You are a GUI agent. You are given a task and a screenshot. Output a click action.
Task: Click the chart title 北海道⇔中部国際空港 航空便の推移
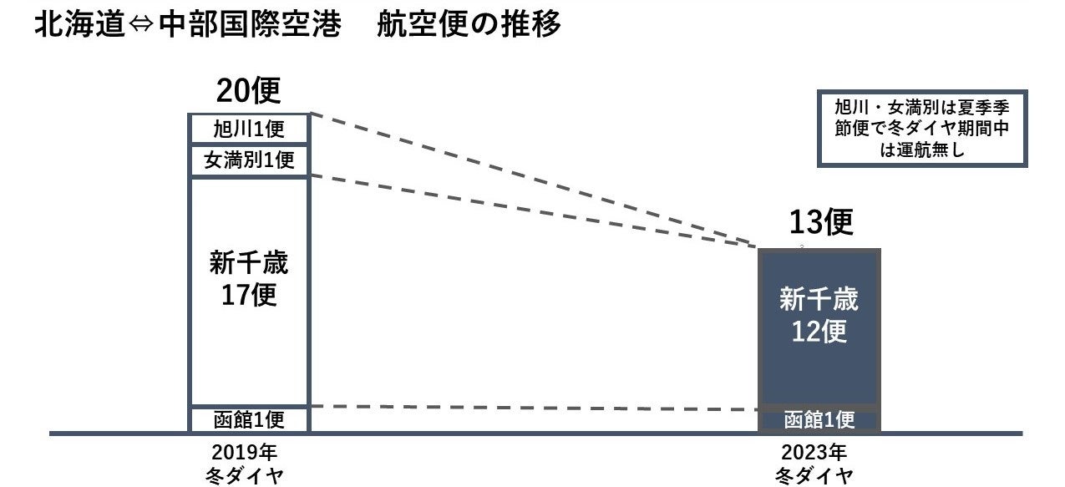297,25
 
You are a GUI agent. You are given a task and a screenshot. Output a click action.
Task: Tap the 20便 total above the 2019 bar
248,91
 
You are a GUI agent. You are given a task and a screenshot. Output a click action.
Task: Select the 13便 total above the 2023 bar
821,223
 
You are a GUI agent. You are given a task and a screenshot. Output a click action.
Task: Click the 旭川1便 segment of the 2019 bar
249,129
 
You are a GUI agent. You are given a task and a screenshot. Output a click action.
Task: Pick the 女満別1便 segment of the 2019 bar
249,160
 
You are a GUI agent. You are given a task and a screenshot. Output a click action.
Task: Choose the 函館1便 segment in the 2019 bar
249,419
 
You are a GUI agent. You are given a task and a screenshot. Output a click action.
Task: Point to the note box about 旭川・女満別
922,129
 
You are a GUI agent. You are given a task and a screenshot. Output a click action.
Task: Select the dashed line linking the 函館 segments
535,408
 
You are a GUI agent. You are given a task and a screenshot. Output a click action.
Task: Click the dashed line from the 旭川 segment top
535,180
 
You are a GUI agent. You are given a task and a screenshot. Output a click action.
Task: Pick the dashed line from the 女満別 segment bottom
535,211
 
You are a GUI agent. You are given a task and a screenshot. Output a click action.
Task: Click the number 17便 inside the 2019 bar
248,296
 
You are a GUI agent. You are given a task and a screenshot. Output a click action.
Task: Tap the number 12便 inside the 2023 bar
819,331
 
